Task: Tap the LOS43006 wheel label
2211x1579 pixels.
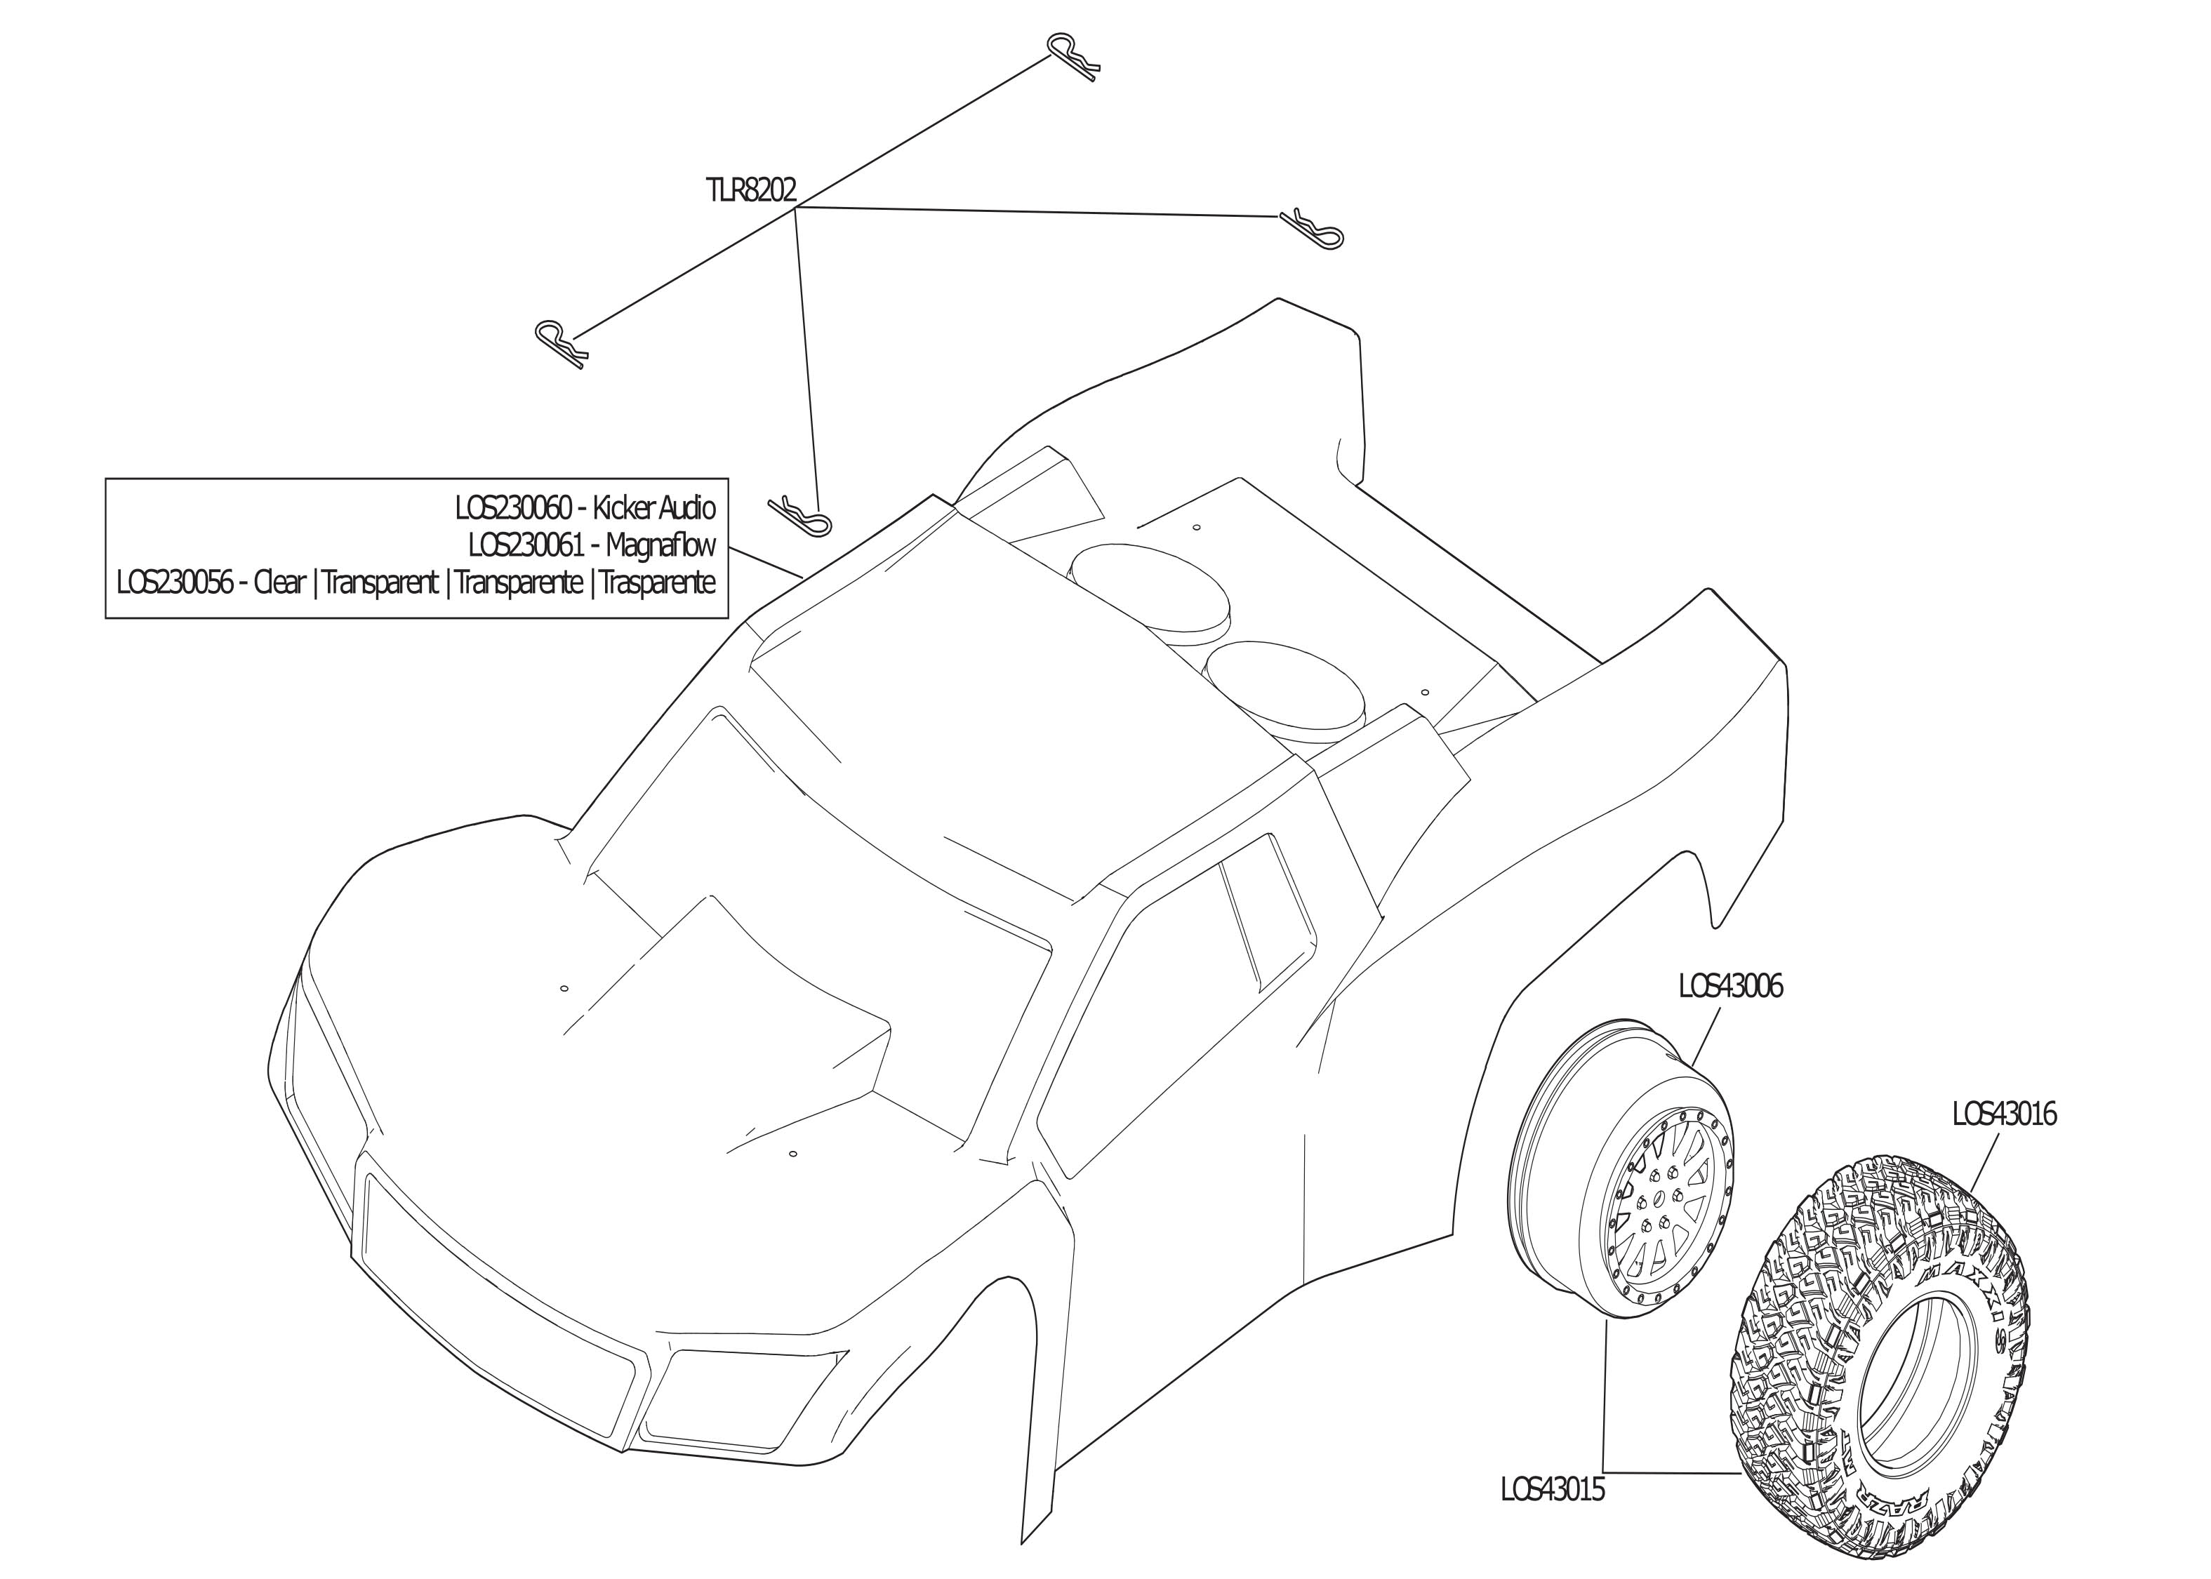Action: [x=1729, y=987]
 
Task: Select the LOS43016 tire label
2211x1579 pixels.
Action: [x=2004, y=1114]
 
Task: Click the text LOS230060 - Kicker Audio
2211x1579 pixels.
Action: [x=585, y=509]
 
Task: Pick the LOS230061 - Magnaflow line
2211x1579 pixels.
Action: [x=591, y=545]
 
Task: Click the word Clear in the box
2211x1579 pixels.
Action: [x=279, y=582]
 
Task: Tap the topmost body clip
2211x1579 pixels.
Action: [x=1075, y=58]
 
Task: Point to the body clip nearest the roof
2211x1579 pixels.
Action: [x=801, y=515]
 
